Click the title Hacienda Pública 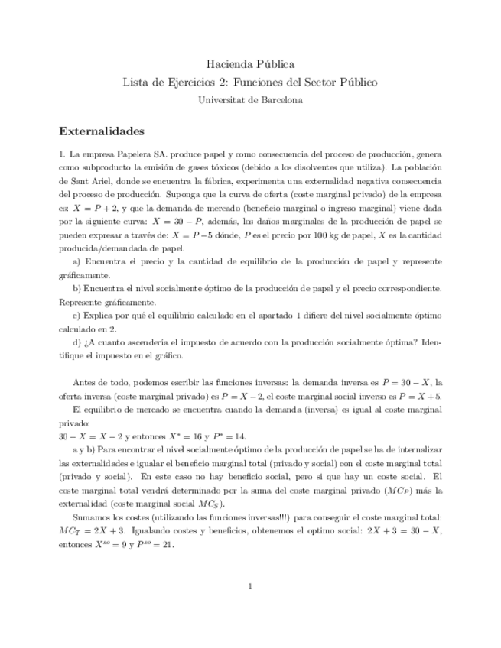(x=250, y=64)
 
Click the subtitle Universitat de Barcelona (x=250, y=99)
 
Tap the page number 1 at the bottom (x=250, y=587)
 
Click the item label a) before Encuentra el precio (x=77, y=262)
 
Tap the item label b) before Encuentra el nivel (x=77, y=289)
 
